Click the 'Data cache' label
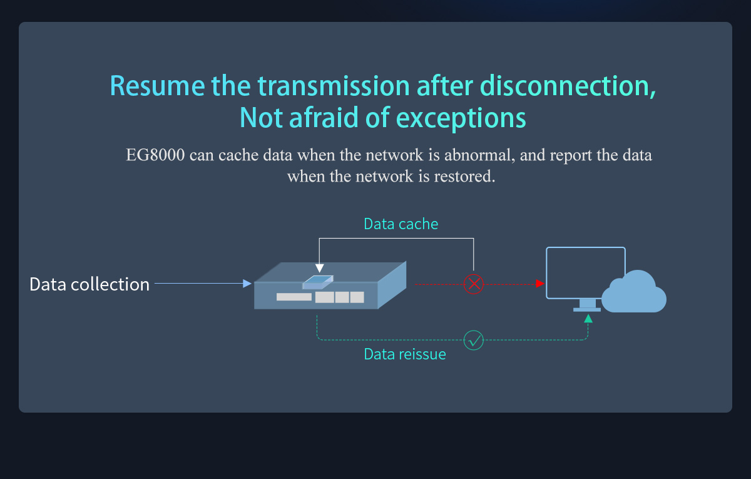click(x=401, y=224)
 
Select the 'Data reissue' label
click(x=405, y=354)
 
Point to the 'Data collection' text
click(x=89, y=284)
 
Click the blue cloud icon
click(x=633, y=292)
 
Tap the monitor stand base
click(x=587, y=309)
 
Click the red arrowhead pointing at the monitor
click(x=539, y=284)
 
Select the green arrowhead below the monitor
click(x=588, y=318)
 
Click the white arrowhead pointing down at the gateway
click(x=320, y=268)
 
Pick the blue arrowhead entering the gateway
click(x=247, y=284)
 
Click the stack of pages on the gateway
click(x=318, y=282)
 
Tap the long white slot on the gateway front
click(x=294, y=297)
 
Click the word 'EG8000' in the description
click(x=155, y=155)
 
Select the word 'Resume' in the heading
click(x=157, y=86)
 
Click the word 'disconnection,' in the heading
click(x=568, y=86)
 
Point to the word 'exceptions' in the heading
click(x=461, y=118)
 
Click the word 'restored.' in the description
click(x=464, y=177)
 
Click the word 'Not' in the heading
click(x=261, y=118)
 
